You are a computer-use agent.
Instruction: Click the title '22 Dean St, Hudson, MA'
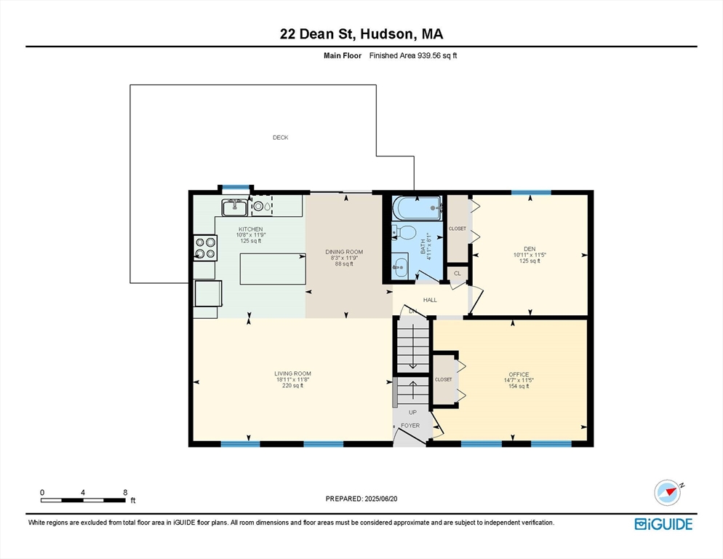tap(361, 33)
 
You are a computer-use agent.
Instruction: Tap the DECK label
tap(280, 138)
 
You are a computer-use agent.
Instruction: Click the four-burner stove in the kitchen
tap(204, 247)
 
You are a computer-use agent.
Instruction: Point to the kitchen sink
tap(234, 207)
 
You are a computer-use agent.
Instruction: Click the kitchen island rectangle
tap(273, 269)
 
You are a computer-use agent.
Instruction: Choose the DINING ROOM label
tap(343, 253)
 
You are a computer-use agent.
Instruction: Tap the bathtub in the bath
tap(418, 208)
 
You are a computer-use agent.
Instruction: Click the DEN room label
tap(530, 250)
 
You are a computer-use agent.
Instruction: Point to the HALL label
tap(431, 299)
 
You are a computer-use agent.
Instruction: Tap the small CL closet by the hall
tap(458, 274)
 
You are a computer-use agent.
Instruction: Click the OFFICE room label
tap(519, 375)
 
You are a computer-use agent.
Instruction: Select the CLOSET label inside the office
tap(443, 379)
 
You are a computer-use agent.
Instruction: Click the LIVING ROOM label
tap(292, 374)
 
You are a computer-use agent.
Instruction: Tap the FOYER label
tap(410, 425)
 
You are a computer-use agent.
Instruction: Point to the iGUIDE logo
tap(663, 524)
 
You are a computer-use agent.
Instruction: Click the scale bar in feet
tap(83, 499)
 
